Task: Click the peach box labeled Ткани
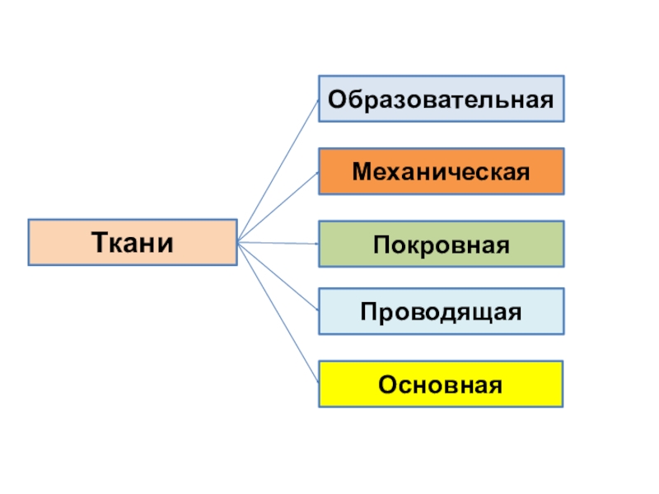pos(133,242)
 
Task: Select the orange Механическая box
pos(442,171)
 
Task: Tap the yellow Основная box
pos(442,384)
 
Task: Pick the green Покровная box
pos(442,244)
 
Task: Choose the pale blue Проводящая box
pos(442,311)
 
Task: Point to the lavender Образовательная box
pos(442,100)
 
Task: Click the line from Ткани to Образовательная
pos(278,171)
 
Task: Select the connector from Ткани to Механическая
pos(278,207)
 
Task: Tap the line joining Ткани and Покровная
pos(278,244)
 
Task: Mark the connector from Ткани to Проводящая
pos(278,276)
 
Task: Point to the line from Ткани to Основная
pos(278,312)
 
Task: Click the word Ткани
pos(133,242)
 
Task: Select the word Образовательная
pos(442,100)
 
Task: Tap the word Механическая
pos(442,172)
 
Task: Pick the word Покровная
pos(442,245)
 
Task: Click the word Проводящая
pos(442,312)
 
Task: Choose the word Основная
pos(442,384)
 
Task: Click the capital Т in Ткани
pos(97,242)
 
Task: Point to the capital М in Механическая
pos(362,172)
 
